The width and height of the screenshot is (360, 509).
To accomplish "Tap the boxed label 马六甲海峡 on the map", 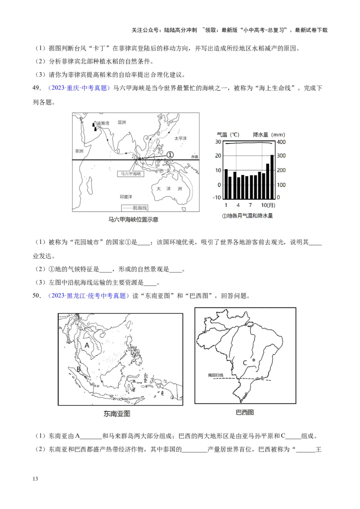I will click(130, 173).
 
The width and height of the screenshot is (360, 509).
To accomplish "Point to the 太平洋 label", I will click(180, 138).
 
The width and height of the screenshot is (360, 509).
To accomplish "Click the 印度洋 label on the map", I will click(126, 197).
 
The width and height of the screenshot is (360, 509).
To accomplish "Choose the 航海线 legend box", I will click(135, 208).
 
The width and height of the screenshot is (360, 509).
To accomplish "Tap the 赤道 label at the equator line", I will click(194, 156).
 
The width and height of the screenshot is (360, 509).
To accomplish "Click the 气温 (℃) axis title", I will click(228, 134).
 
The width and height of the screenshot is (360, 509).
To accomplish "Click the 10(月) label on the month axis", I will click(267, 205).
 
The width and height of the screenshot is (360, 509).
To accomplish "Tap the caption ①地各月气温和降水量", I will click(247, 215).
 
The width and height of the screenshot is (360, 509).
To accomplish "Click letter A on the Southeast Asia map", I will click(87, 345).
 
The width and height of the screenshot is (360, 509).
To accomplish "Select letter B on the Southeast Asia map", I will click(79, 369).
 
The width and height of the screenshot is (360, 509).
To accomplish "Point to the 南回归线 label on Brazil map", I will click(215, 375).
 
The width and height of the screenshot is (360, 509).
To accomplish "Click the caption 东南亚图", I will click(120, 414).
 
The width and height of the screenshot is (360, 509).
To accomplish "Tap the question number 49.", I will click(37, 89).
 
